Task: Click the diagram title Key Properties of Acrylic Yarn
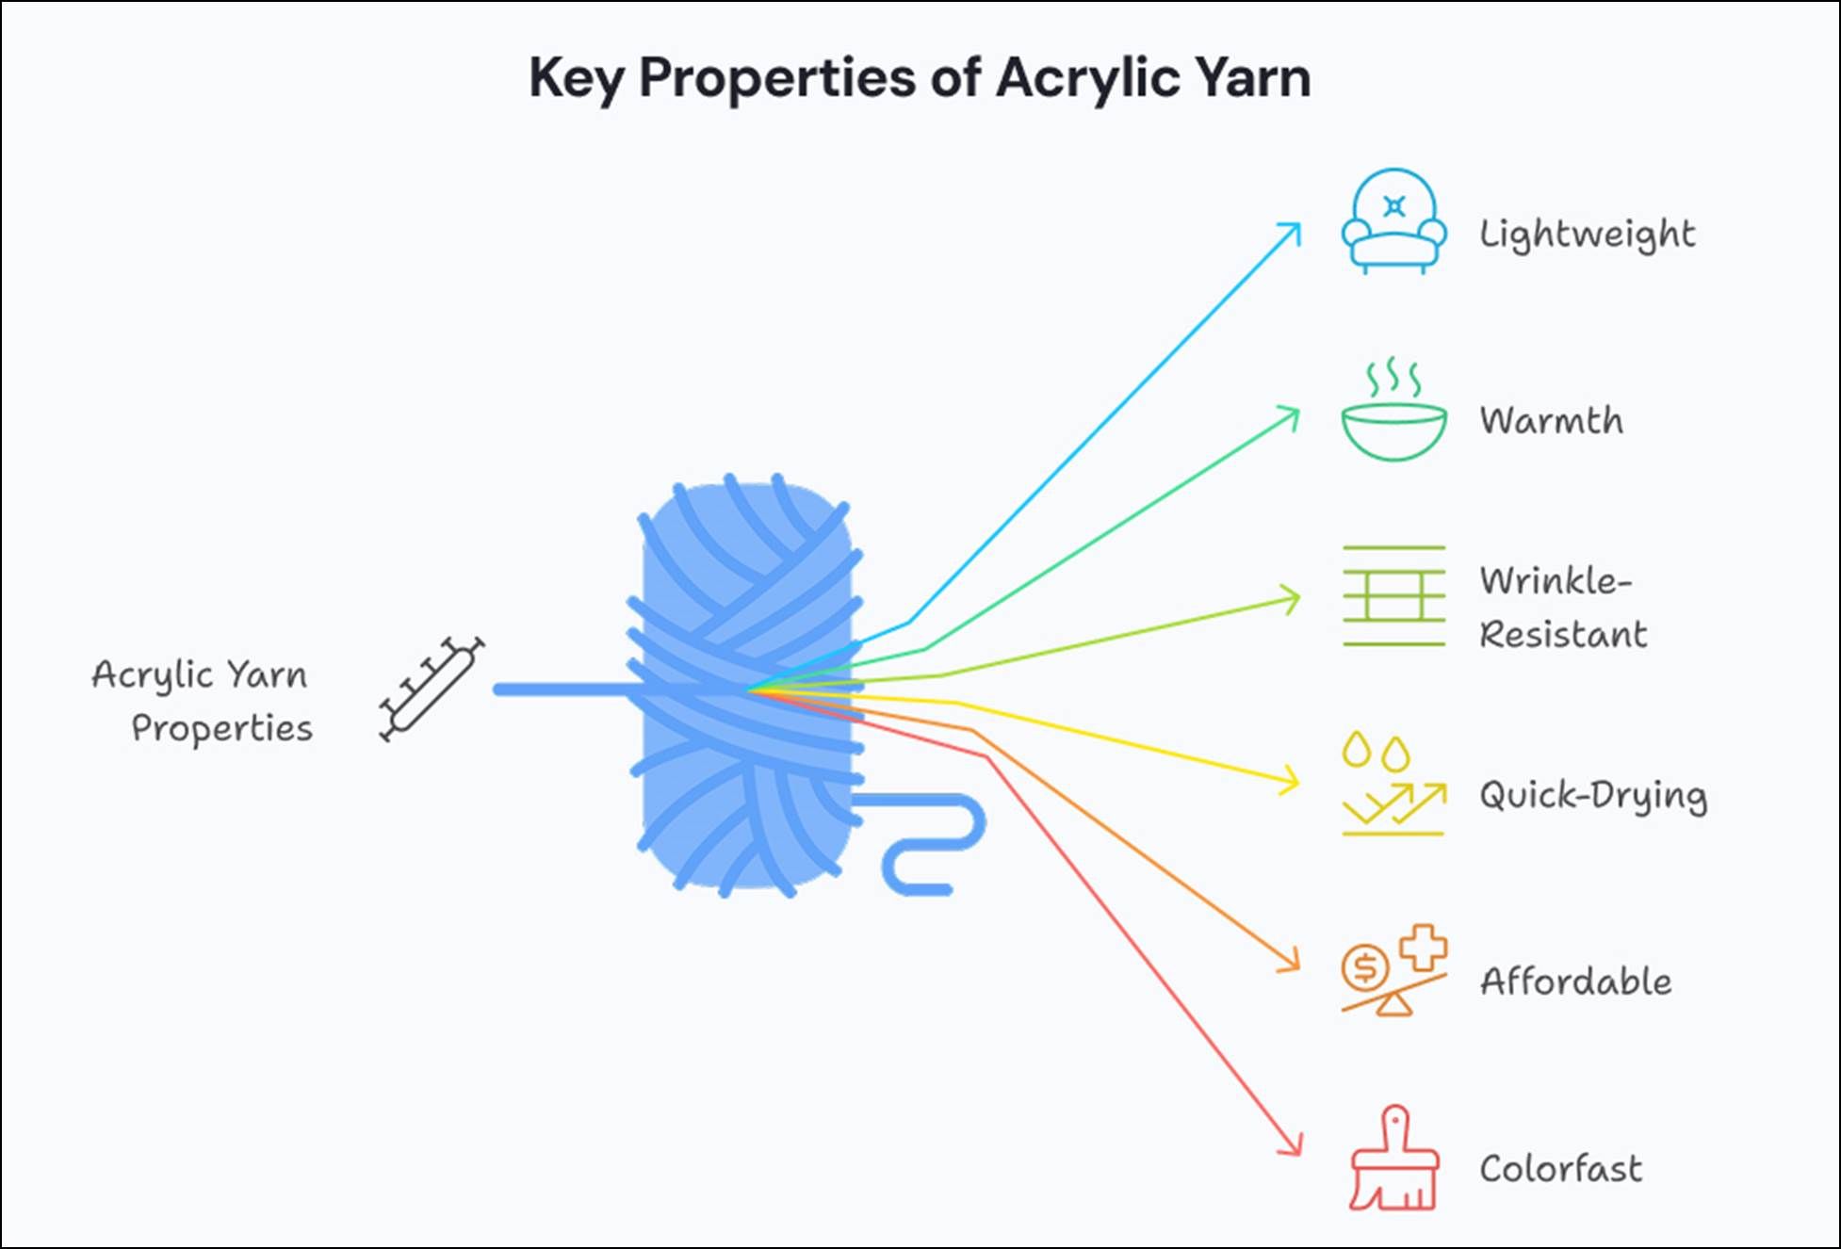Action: pyautogui.click(x=919, y=77)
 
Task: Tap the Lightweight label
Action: pyautogui.click(x=1587, y=235)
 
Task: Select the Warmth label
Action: pyautogui.click(x=1551, y=420)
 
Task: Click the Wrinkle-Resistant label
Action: pyautogui.click(x=1563, y=608)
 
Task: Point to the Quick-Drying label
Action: pyautogui.click(x=1592, y=796)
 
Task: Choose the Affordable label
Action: pyautogui.click(x=1575, y=981)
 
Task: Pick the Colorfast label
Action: pyautogui.click(x=1560, y=1169)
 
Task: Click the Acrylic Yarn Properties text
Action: pyautogui.click(x=203, y=701)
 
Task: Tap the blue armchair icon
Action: pyautogui.click(x=1393, y=221)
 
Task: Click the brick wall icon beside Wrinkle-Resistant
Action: pyautogui.click(x=1393, y=595)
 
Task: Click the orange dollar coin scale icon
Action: pyautogui.click(x=1393, y=970)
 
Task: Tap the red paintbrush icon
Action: pyautogui.click(x=1393, y=1160)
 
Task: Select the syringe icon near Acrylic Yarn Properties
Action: pyautogui.click(x=432, y=689)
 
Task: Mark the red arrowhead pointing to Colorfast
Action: pyautogui.click(x=1293, y=1146)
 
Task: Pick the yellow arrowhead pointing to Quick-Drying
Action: pyautogui.click(x=1290, y=781)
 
